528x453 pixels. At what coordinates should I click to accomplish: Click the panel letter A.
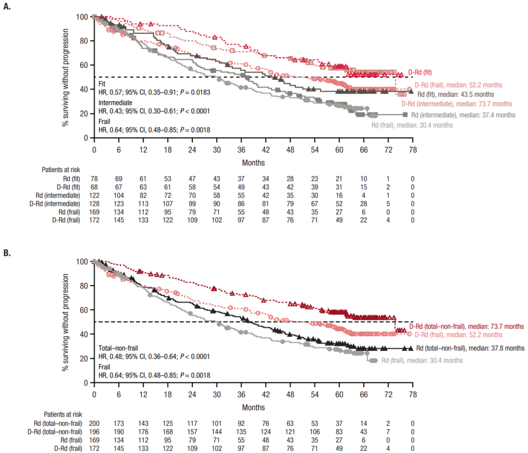tap(7, 7)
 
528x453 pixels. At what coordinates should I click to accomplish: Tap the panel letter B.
tap(7, 253)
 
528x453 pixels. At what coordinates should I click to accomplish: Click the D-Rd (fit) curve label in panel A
tap(420, 72)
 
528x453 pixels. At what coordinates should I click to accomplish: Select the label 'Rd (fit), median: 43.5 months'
tap(456, 95)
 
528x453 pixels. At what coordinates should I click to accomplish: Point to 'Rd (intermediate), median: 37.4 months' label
tap(463, 115)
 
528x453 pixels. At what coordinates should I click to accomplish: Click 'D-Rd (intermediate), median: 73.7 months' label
tap(457, 104)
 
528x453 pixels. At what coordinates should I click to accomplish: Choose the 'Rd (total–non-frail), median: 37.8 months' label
tap(470, 348)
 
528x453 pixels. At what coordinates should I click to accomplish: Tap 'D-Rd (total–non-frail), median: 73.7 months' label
tap(467, 326)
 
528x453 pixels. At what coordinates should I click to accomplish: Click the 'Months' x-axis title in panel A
tap(253, 162)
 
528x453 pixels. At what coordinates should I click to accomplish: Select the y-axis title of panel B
tap(65, 322)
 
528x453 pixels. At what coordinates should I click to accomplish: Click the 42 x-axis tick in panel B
tap(266, 394)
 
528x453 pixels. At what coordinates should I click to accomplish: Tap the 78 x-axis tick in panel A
tap(412, 149)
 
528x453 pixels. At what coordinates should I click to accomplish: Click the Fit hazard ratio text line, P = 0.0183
tap(154, 92)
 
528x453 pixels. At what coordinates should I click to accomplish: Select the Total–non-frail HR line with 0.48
tap(154, 356)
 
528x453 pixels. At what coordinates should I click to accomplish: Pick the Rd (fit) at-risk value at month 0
tap(94, 179)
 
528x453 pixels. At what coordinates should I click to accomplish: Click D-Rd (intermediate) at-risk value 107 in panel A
tap(167, 204)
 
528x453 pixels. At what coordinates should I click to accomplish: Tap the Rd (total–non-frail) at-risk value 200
tap(94, 423)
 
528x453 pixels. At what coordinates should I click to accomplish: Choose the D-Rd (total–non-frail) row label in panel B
tap(54, 432)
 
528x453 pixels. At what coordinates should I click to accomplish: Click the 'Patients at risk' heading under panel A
tap(61, 170)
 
